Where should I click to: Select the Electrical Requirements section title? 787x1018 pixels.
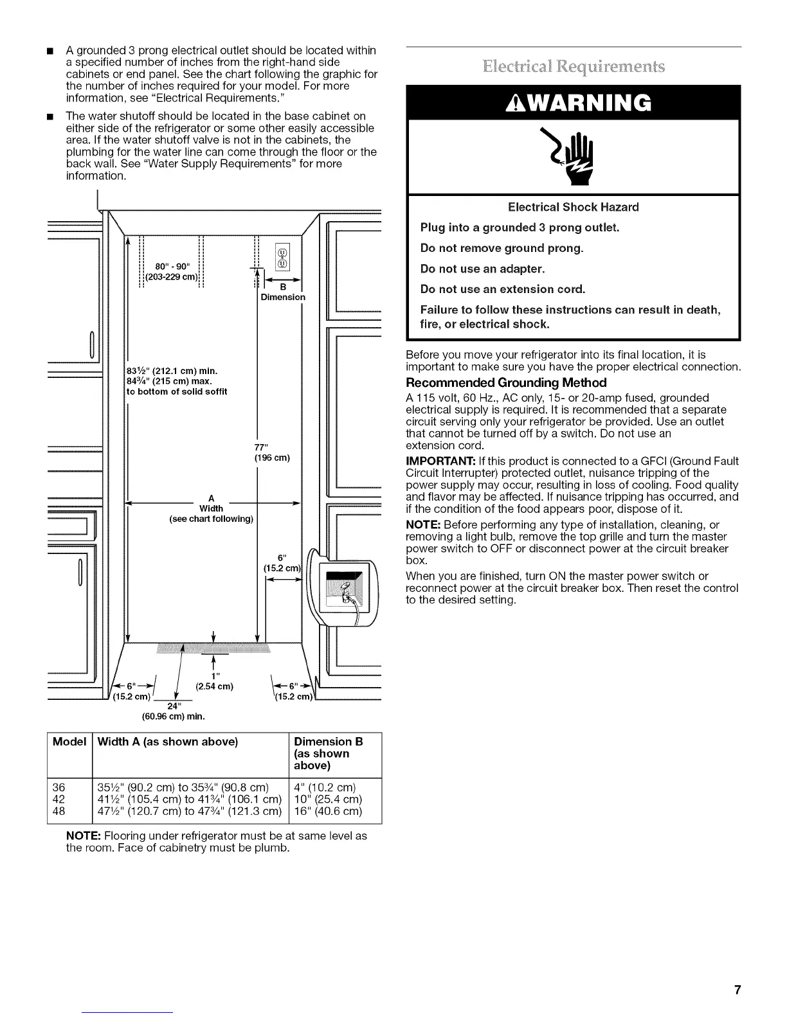coord(573,66)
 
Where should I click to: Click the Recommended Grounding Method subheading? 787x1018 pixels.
coord(506,382)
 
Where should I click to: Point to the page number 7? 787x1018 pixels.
coord(737,990)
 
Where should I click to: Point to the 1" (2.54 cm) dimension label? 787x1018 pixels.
coord(214,681)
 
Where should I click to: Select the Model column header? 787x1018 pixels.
coord(69,742)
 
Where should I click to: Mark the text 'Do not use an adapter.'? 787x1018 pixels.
coord(482,269)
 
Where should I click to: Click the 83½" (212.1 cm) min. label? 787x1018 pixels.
coord(172,370)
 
